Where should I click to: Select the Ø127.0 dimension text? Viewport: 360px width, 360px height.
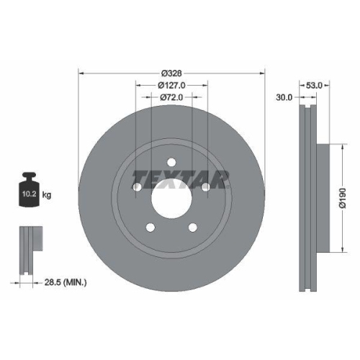point(171,84)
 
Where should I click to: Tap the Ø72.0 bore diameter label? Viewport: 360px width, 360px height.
point(171,96)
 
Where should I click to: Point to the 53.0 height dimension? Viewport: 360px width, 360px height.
point(313,85)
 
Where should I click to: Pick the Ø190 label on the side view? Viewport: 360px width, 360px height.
point(344,197)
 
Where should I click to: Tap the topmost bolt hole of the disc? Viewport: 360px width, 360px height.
point(171,163)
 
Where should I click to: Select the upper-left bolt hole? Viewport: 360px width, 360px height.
point(137,188)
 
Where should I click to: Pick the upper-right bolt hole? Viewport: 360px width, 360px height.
point(206,188)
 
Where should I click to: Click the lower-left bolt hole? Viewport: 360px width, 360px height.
point(150,228)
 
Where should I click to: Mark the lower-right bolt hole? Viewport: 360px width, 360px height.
point(193,228)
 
